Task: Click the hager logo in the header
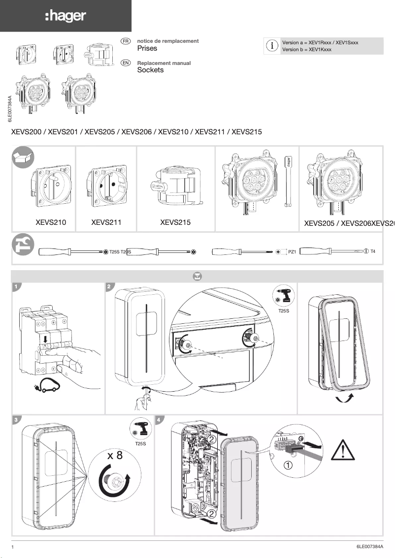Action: (x=66, y=16)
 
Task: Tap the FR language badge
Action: (x=126, y=41)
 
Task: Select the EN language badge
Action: (x=126, y=63)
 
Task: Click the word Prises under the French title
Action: (x=147, y=49)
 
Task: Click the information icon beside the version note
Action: (x=271, y=46)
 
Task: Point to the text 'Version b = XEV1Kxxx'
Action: (x=306, y=50)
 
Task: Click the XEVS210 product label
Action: (x=51, y=222)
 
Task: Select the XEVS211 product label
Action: (x=106, y=222)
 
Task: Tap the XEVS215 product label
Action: (x=175, y=222)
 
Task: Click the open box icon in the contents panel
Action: (x=23, y=157)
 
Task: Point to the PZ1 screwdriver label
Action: (x=292, y=252)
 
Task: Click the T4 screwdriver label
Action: (x=373, y=251)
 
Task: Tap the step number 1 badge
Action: (x=17, y=286)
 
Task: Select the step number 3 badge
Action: (x=17, y=420)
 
